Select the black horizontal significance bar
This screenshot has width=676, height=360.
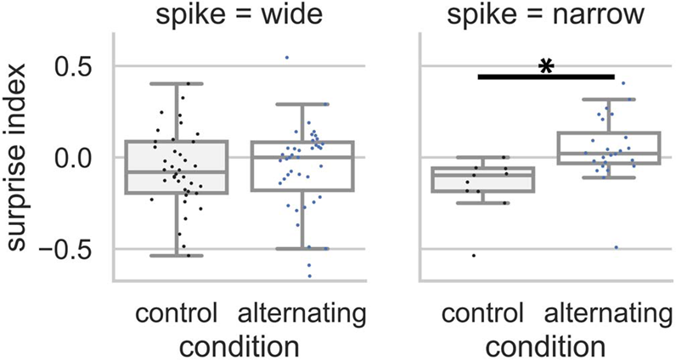[546, 76]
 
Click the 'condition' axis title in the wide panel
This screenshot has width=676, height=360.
[239, 346]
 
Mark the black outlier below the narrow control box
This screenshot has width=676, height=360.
[474, 255]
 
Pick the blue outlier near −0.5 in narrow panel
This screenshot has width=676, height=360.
[616, 247]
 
